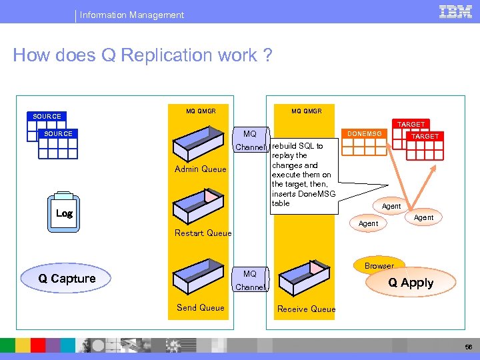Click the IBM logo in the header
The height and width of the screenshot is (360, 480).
click(x=456, y=12)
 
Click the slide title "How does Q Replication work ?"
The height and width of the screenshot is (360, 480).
click(x=143, y=55)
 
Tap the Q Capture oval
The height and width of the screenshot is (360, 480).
click(x=67, y=279)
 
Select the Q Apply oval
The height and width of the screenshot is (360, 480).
click(x=411, y=283)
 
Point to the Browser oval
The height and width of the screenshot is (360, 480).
click(x=379, y=265)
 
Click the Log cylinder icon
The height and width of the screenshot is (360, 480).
click(x=65, y=213)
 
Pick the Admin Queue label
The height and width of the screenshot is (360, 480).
click(x=200, y=169)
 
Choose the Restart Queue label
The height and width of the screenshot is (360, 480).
click(x=203, y=233)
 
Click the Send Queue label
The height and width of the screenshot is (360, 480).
click(x=200, y=307)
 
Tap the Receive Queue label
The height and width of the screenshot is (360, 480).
click(x=306, y=309)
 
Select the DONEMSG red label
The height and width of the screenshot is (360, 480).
click(x=364, y=134)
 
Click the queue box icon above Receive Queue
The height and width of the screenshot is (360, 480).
click(x=304, y=277)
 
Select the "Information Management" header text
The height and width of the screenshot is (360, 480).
click(x=132, y=15)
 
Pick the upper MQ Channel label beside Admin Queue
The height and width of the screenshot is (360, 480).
click(x=250, y=141)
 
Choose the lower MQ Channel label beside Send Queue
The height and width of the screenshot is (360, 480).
click(x=250, y=281)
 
